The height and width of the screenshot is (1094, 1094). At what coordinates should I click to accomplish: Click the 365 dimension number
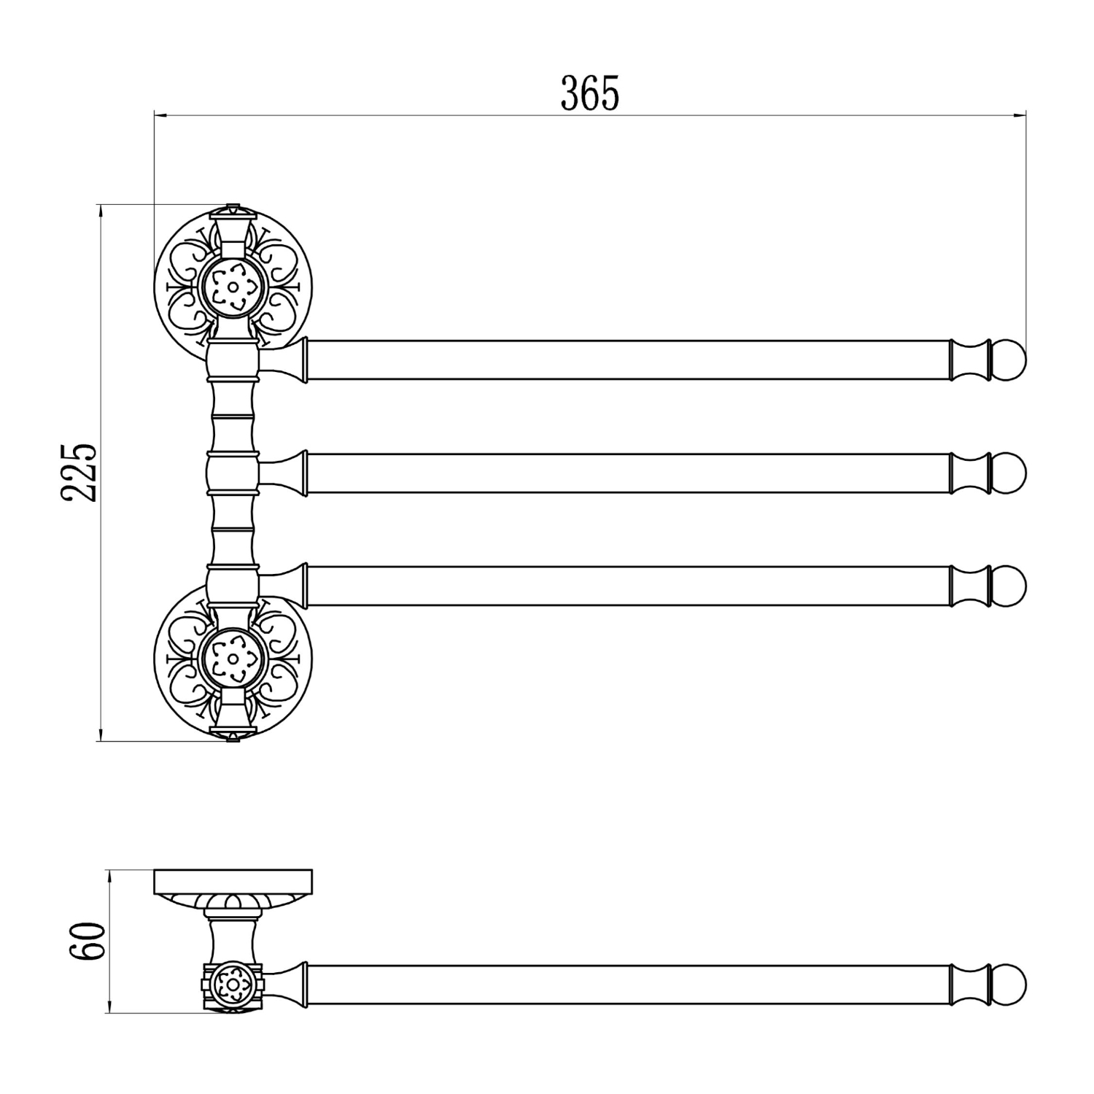click(589, 93)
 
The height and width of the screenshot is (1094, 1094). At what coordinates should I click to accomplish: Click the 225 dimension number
click(79, 472)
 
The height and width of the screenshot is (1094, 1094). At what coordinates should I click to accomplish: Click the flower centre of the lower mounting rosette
click(233, 659)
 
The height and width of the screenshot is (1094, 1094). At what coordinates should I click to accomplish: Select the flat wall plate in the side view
click(233, 882)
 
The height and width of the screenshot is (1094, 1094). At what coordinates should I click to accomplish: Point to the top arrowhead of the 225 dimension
click(100, 211)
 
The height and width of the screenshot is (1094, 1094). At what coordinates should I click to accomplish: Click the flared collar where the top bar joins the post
click(292, 360)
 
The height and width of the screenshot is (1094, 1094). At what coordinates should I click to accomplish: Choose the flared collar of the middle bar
click(292, 473)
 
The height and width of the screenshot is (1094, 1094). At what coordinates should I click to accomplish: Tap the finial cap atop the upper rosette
click(233, 210)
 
